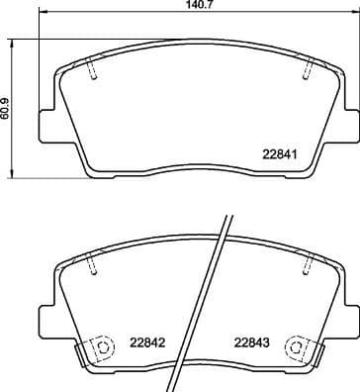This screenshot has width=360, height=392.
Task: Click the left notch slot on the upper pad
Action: [91, 71]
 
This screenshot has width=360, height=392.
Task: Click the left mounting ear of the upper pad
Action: [44, 124]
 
